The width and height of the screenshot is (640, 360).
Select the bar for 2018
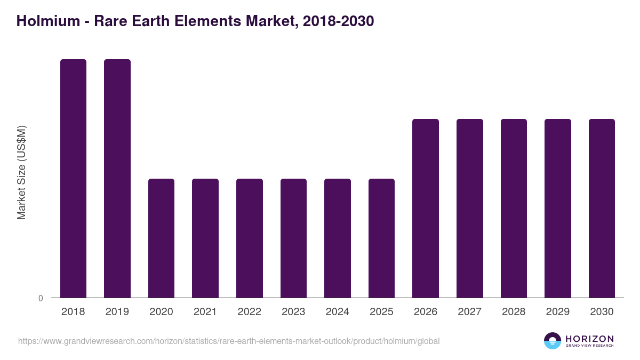73,178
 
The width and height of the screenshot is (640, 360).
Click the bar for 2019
117,178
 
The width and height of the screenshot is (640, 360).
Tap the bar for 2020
161,238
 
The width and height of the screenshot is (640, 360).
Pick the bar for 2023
293,238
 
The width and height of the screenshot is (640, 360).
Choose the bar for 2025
381,238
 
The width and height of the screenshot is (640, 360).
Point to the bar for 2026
426,208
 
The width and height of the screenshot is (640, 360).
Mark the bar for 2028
514,208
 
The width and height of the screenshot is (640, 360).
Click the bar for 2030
602,208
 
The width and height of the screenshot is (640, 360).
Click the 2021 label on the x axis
205,312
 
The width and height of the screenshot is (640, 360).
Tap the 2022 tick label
250,312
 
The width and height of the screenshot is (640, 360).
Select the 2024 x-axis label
338,312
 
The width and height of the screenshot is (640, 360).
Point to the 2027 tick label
470,312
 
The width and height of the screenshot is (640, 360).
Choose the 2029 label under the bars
558,312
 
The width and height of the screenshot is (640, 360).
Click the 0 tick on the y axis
41,298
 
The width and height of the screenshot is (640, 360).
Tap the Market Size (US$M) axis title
21,172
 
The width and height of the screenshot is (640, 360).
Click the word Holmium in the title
44,21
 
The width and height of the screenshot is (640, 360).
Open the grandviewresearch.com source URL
229,341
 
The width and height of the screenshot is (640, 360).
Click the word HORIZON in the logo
589,339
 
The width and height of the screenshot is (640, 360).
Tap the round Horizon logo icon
553,341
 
